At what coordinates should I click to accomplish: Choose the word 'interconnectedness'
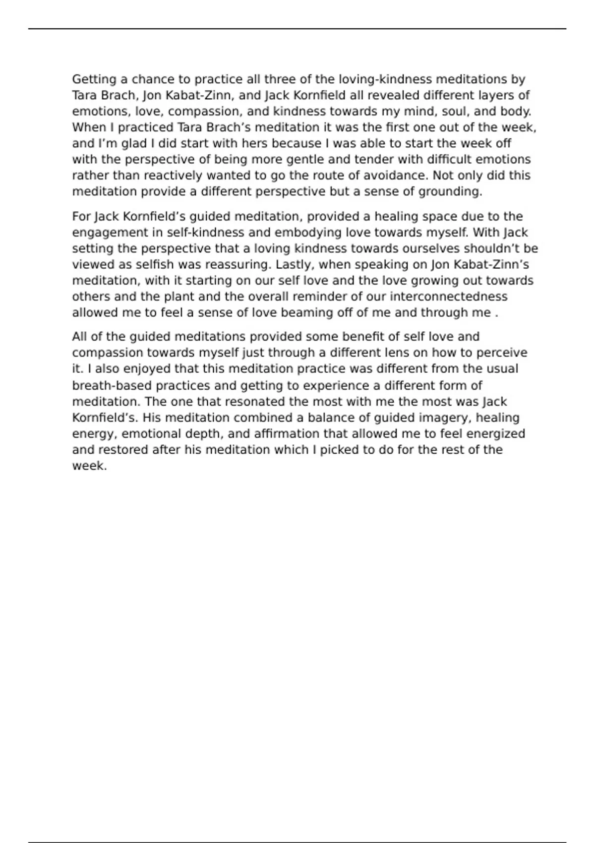pyautogui.click(x=448, y=297)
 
